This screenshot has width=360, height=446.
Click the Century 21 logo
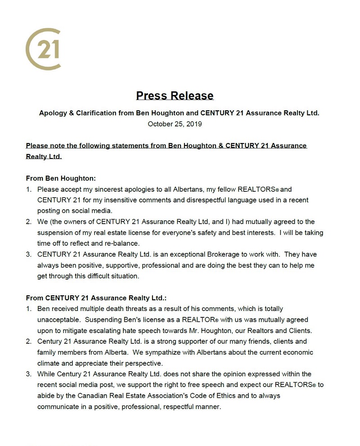(43, 49)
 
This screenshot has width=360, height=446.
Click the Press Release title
(175, 96)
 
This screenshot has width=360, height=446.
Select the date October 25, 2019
(175, 124)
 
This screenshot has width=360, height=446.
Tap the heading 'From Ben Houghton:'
(61, 178)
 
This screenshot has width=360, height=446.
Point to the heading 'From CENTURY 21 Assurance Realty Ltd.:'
(96, 298)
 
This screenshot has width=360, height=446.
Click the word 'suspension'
(56, 233)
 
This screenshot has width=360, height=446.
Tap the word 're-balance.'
(121, 243)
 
